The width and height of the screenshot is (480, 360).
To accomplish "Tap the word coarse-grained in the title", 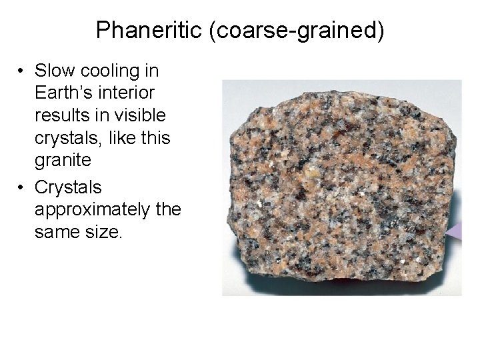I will (x=297, y=31).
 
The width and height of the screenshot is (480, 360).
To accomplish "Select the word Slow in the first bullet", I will (x=57, y=71).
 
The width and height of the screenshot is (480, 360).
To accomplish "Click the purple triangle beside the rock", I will (x=455, y=231).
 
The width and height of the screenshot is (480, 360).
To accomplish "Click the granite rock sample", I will (x=340, y=187).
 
